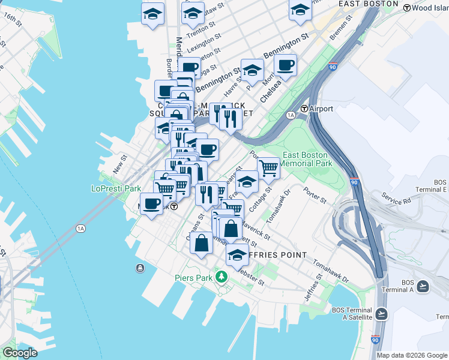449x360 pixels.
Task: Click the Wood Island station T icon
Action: (407, 8)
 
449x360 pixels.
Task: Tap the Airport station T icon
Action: (304, 109)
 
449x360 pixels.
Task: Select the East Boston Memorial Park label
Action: (306, 158)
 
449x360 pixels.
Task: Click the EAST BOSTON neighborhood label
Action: (368, 4)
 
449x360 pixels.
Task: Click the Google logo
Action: (20, 353)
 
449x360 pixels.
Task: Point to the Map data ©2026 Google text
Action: (411, 355)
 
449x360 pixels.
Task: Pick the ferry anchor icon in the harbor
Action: (140, 268)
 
